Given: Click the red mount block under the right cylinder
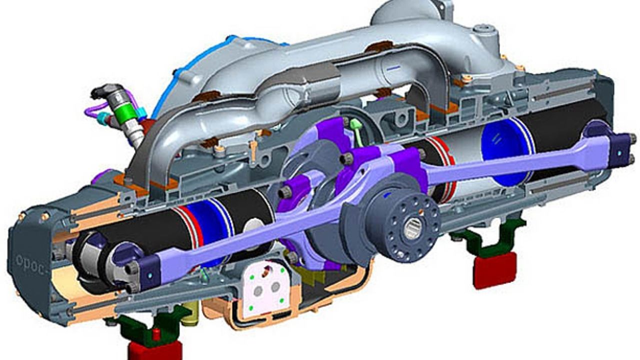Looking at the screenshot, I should pos(494,270).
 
